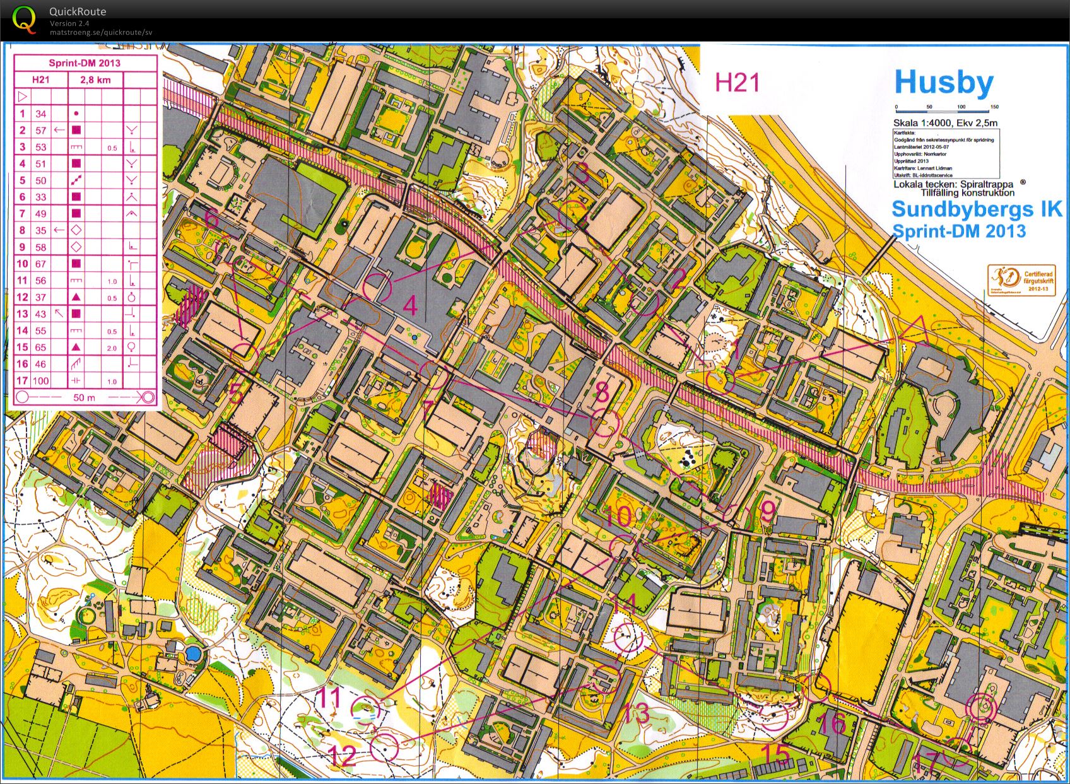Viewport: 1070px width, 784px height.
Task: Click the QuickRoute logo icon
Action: click(x=24, y=19)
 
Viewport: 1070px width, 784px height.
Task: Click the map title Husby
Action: click(x=944, y=83)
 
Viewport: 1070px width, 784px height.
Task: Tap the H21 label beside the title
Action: click(x=737, y=83)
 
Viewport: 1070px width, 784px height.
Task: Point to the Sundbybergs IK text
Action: click(x=977, y=209)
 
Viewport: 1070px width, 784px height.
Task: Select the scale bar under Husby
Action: click(x=945, y=107)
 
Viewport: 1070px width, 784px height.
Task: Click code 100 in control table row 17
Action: click(x=41, y=380)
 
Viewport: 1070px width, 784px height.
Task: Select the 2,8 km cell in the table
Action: click(x=95, y=80)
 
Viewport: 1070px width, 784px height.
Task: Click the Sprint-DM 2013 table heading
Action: click(x=85, y=63)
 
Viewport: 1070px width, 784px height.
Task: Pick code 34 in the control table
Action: click(x=41, y=114)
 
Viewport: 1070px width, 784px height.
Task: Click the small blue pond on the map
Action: click(x=194, y=653)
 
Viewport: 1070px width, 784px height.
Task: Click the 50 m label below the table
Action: click(x=84, y=397)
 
